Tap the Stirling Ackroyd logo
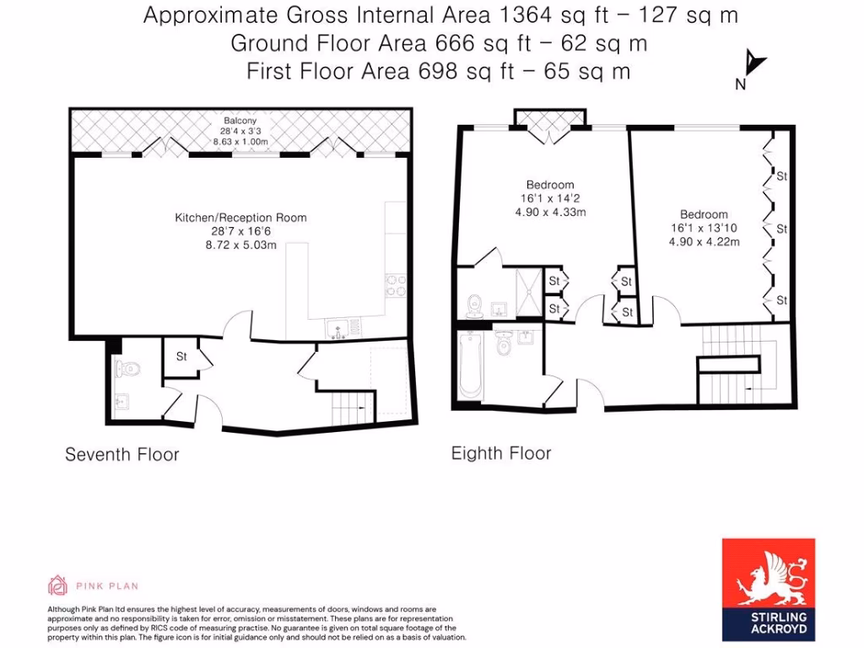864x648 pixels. [769, 589]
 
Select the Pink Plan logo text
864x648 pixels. [106, 586]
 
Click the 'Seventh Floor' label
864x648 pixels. [122, 455]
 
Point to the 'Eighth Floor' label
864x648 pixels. [501, 453]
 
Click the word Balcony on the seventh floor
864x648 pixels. [240, 120]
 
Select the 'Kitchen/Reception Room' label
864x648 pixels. [240, 218]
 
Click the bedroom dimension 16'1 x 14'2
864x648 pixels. [550, 198]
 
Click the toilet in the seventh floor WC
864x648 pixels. [127, 368]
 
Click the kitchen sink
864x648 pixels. [339, 326]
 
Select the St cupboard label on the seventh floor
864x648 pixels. [181, 357]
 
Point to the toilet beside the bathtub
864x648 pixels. [505, 344]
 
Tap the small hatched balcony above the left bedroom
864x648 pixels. [549, 118]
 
